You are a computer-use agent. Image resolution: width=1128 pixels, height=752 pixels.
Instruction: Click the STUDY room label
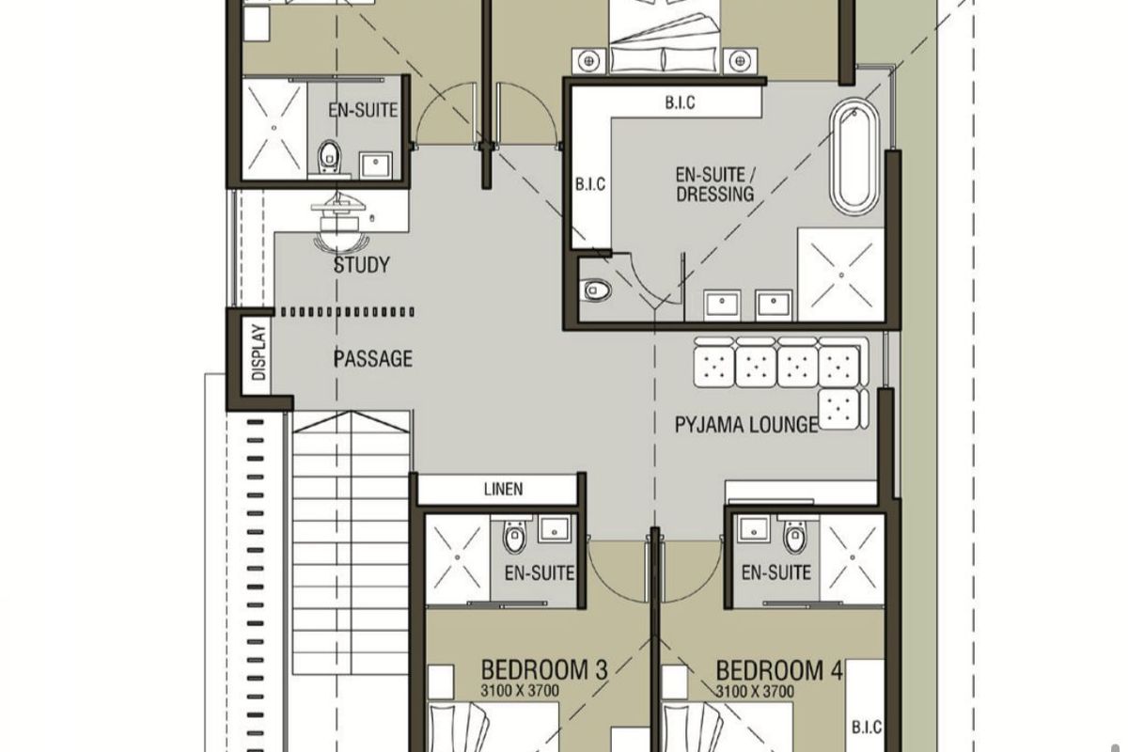tap(362, 265)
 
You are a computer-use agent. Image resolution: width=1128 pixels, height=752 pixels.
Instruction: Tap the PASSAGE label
tap(372, 359)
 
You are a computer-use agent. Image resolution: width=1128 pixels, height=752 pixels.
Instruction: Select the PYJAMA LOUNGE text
tap(746, 425)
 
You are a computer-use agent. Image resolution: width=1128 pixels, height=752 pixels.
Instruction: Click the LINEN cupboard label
tap(503, 489)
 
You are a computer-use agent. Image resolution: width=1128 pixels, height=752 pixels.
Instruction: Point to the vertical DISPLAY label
tap(258, 352)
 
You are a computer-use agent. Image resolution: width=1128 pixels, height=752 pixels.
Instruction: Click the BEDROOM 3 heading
tap(544, 670)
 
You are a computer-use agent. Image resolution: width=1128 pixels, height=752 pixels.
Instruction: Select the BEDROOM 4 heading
tap(779, 670)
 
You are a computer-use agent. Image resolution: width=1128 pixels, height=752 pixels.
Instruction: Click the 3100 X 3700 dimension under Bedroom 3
tap(520, 691)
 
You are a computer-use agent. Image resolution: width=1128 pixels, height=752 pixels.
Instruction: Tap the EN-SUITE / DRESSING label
tap(715, 184)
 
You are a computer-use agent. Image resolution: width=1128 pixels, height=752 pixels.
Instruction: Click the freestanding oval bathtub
tap(854, 157)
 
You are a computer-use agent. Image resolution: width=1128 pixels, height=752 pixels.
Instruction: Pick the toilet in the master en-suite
tap(597, 290)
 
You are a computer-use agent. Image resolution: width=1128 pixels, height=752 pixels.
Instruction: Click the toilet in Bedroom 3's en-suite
tap(514, 537)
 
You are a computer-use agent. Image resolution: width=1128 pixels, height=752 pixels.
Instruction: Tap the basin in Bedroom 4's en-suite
tap(753, 529)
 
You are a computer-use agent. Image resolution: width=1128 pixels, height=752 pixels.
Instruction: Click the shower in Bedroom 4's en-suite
tap(852, 557)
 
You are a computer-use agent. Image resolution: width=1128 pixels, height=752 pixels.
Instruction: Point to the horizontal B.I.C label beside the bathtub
tap(681, 102)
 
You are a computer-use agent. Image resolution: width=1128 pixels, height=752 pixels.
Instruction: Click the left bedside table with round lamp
tap(588, 61)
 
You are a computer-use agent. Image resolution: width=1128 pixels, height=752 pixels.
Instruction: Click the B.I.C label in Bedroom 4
tap(867, 728)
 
